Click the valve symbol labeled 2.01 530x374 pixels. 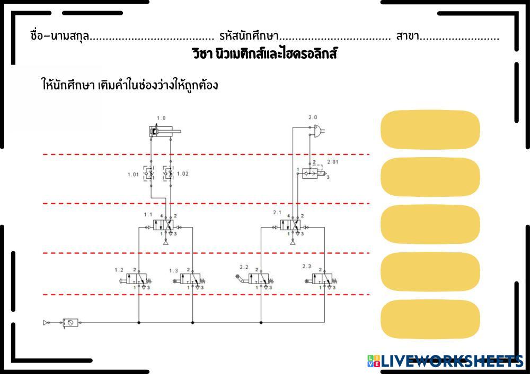pos(314,173)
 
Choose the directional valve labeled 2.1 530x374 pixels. pos(290,225)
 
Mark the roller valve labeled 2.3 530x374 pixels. pos(322,279)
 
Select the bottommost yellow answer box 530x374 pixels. pos(430,320)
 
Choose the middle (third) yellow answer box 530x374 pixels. pos(430,224)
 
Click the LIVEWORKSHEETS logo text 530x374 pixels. pos(451,361)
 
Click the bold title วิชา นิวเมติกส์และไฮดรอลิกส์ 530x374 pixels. pos(264,54)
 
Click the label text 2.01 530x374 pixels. pos(332,161)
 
